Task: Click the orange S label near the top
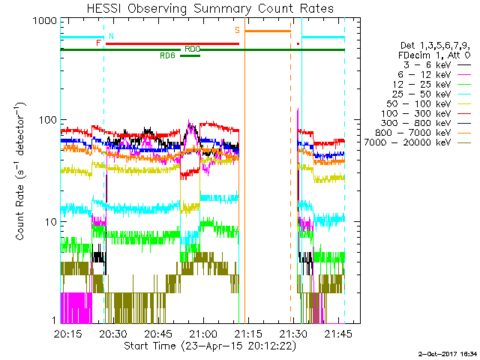point(238,30)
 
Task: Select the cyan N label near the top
point(111,36)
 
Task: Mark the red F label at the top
point(98,43)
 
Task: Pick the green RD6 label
point(167,55)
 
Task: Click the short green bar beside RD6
point(190,55)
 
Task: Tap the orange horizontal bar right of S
point(268,31)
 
